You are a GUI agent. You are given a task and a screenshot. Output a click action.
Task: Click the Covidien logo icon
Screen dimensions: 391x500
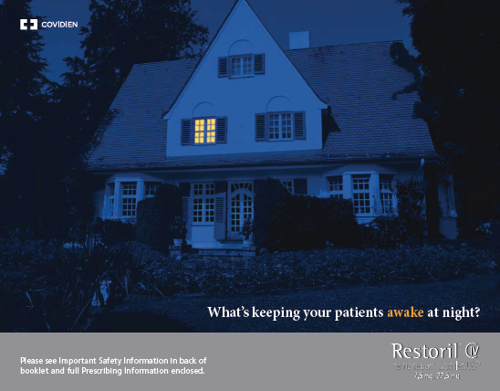(29, 26)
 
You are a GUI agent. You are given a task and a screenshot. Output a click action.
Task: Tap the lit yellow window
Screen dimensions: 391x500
(204, 131)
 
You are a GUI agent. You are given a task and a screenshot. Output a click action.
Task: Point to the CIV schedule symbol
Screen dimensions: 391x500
(472, 350)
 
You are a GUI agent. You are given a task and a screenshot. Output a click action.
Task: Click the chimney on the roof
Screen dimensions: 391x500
(299, 39)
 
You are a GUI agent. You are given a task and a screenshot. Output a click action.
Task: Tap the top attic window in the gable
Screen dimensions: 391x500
(242, 65)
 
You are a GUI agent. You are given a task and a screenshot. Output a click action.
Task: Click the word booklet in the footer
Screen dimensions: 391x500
(35, 371)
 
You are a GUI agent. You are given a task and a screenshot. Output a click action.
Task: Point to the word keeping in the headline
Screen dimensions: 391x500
(273, 312)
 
